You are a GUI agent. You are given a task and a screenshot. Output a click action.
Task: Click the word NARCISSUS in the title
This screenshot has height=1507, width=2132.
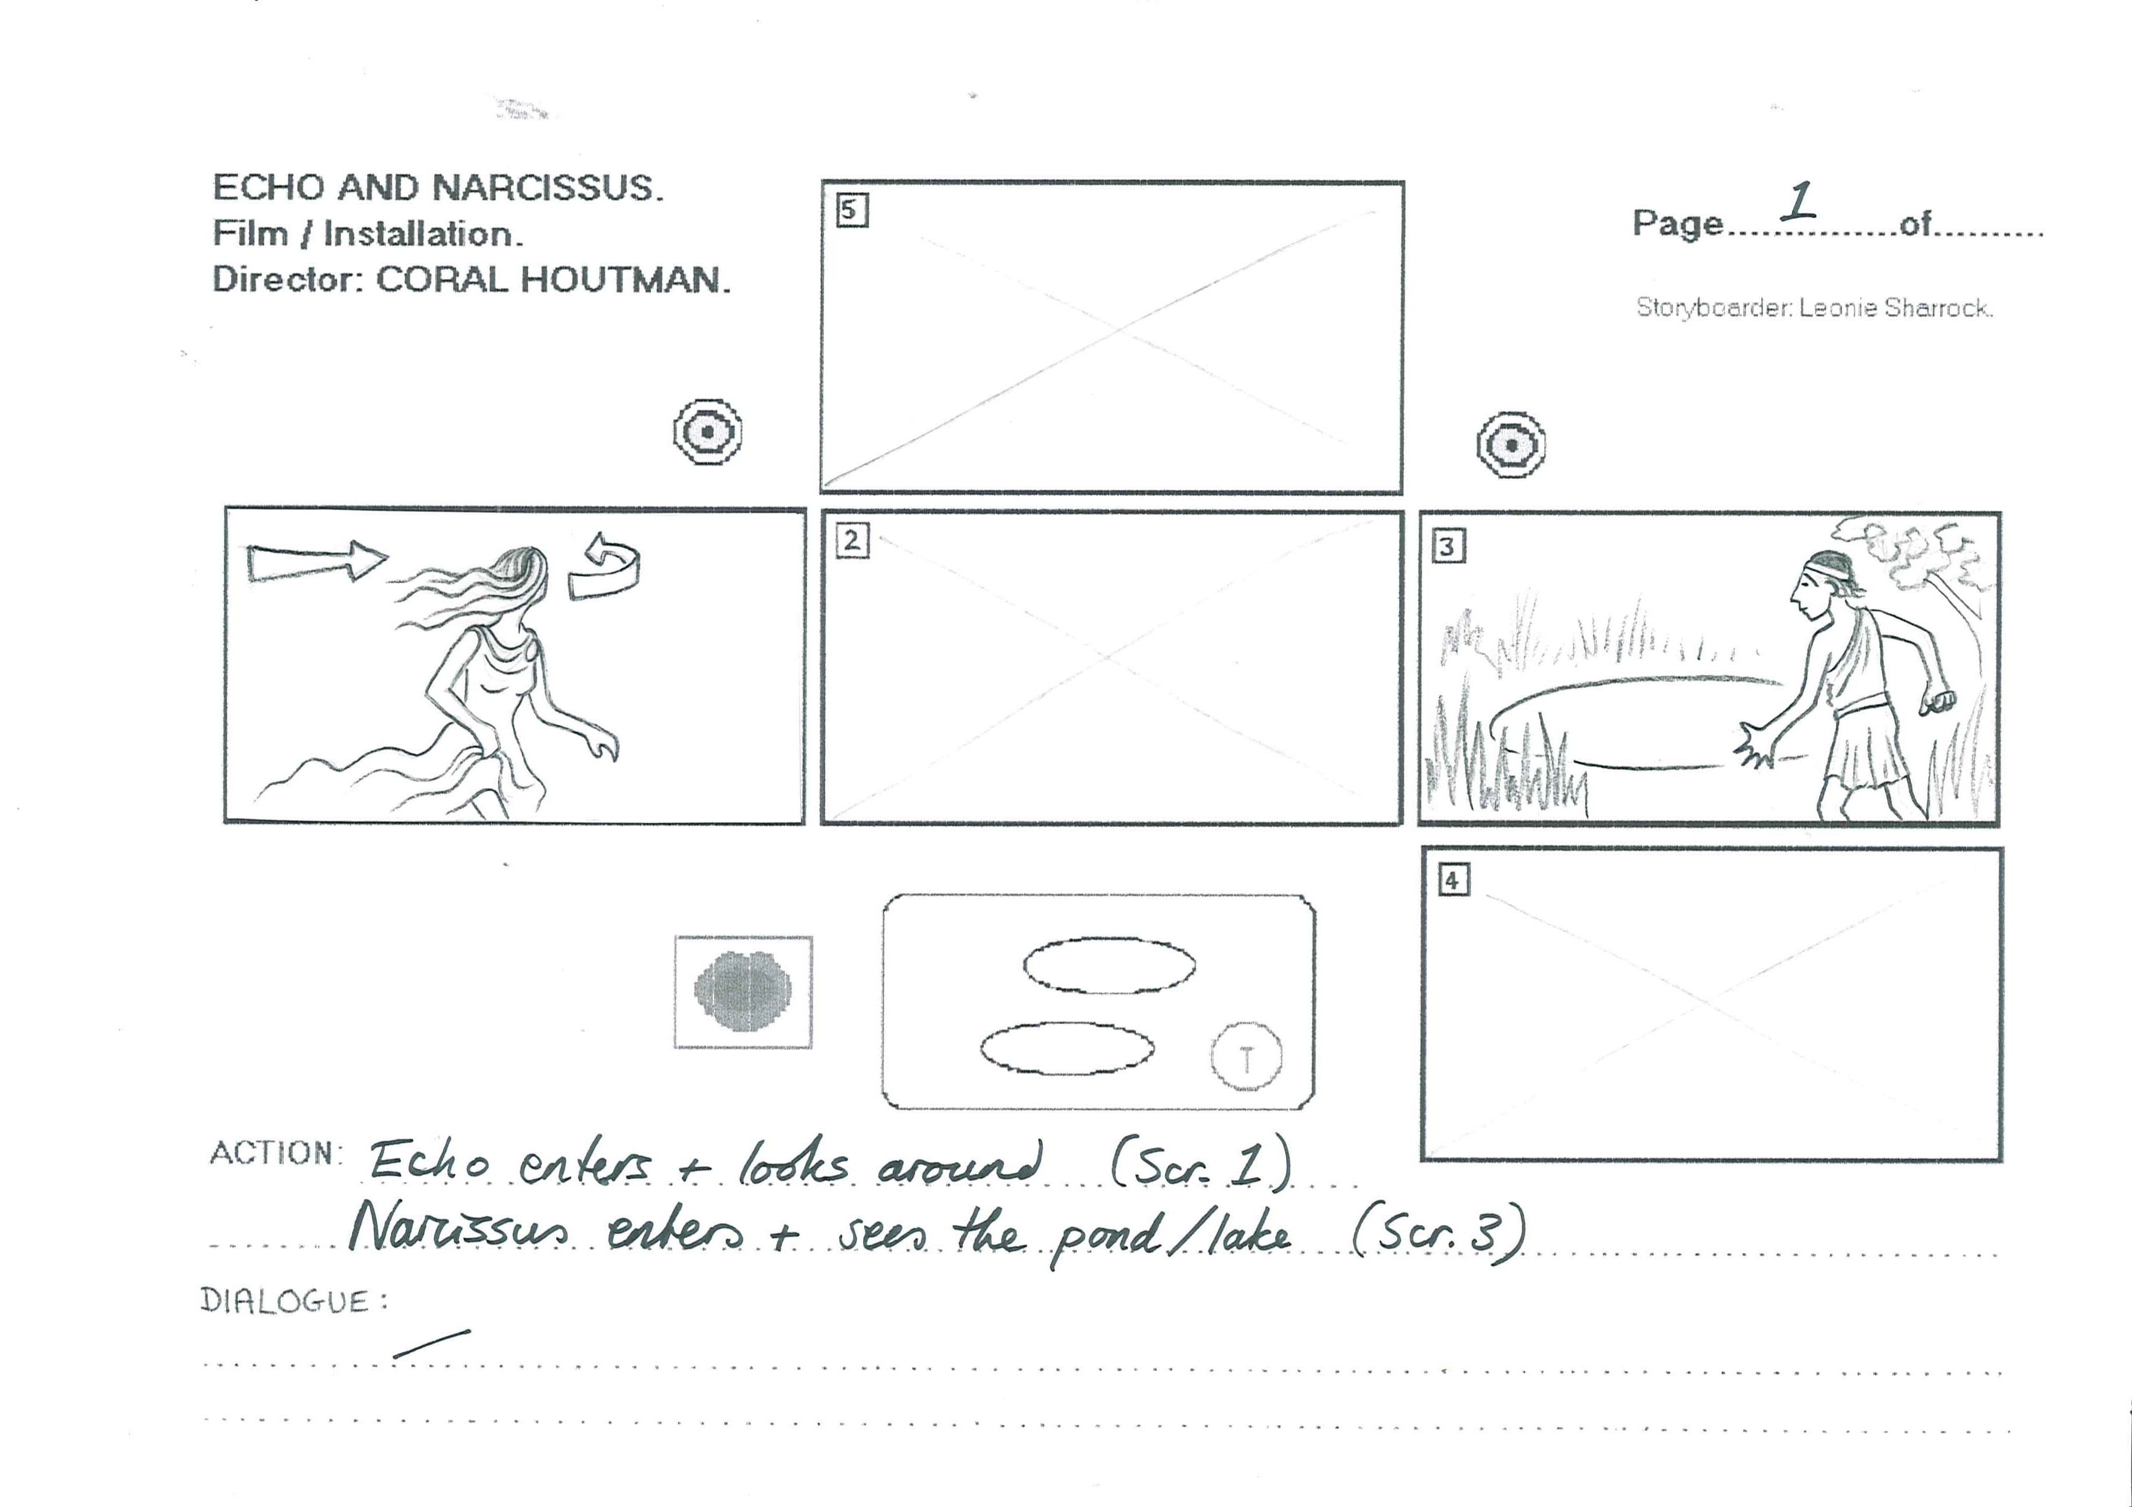click(x=547, y=188)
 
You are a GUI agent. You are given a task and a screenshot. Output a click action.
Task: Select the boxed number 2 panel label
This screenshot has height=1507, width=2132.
click(x=851, y=540)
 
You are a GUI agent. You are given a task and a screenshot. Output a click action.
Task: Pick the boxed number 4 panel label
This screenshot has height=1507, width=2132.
click(x=1453, y=879)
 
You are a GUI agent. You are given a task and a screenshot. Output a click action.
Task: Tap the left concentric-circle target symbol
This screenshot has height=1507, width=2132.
click(x=707, y=432)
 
